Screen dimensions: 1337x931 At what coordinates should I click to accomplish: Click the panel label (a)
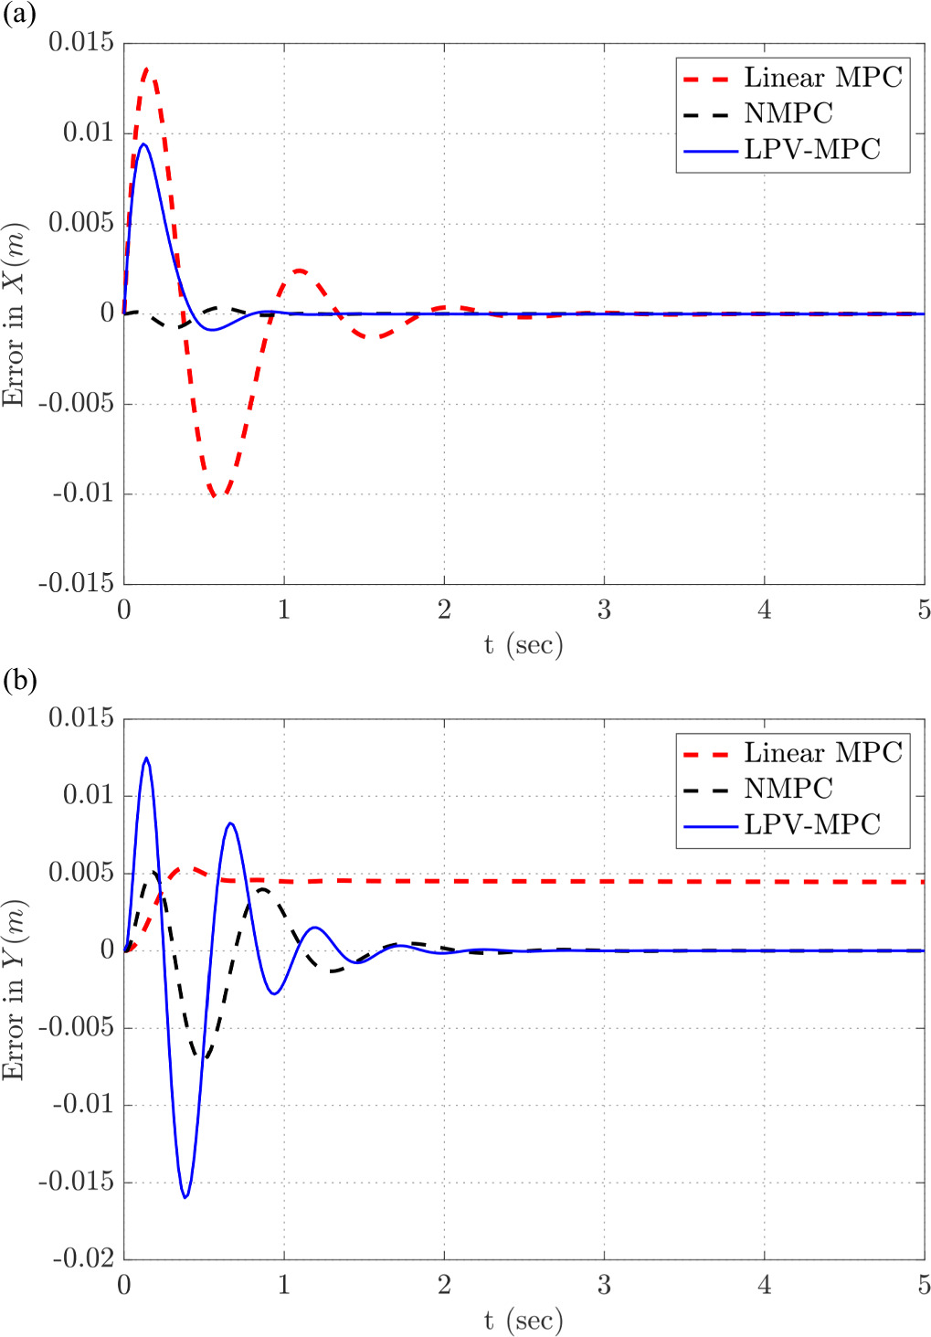tap(19, 15)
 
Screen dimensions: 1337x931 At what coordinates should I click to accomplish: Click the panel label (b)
tap(19, 681)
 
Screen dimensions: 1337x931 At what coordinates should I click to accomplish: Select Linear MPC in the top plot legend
tap(822, 78)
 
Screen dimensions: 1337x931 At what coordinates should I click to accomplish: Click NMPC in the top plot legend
tap(788, 113)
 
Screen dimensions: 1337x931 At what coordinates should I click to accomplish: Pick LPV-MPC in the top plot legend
tap(811, 149)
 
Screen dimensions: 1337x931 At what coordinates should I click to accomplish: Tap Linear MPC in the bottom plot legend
tap(822, 753)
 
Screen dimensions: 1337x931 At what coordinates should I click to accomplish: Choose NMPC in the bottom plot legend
tap(788, 789)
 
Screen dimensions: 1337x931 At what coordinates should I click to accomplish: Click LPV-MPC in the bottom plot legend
tap(811, 824)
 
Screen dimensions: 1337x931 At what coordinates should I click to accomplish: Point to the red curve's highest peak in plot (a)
tap(146, 69)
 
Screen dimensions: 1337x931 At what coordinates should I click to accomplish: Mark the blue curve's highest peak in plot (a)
tap(143, 143)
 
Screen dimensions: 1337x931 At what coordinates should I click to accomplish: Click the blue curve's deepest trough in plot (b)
tap(185, 1197)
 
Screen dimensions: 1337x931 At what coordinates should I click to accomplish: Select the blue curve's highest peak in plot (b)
tap(146, 758)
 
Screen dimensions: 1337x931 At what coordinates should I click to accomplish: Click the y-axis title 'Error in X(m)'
tap(14, 313)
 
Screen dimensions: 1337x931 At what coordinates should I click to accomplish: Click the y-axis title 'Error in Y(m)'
tap(14, 989)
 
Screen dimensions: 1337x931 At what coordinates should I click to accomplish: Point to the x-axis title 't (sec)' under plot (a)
tap(524, 645)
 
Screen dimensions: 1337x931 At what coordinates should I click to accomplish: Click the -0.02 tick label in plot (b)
tap(80, 1258)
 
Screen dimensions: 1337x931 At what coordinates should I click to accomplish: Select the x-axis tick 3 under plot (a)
tap(604, 610)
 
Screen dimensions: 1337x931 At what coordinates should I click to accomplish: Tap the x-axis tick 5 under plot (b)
tap(923, 1285)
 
